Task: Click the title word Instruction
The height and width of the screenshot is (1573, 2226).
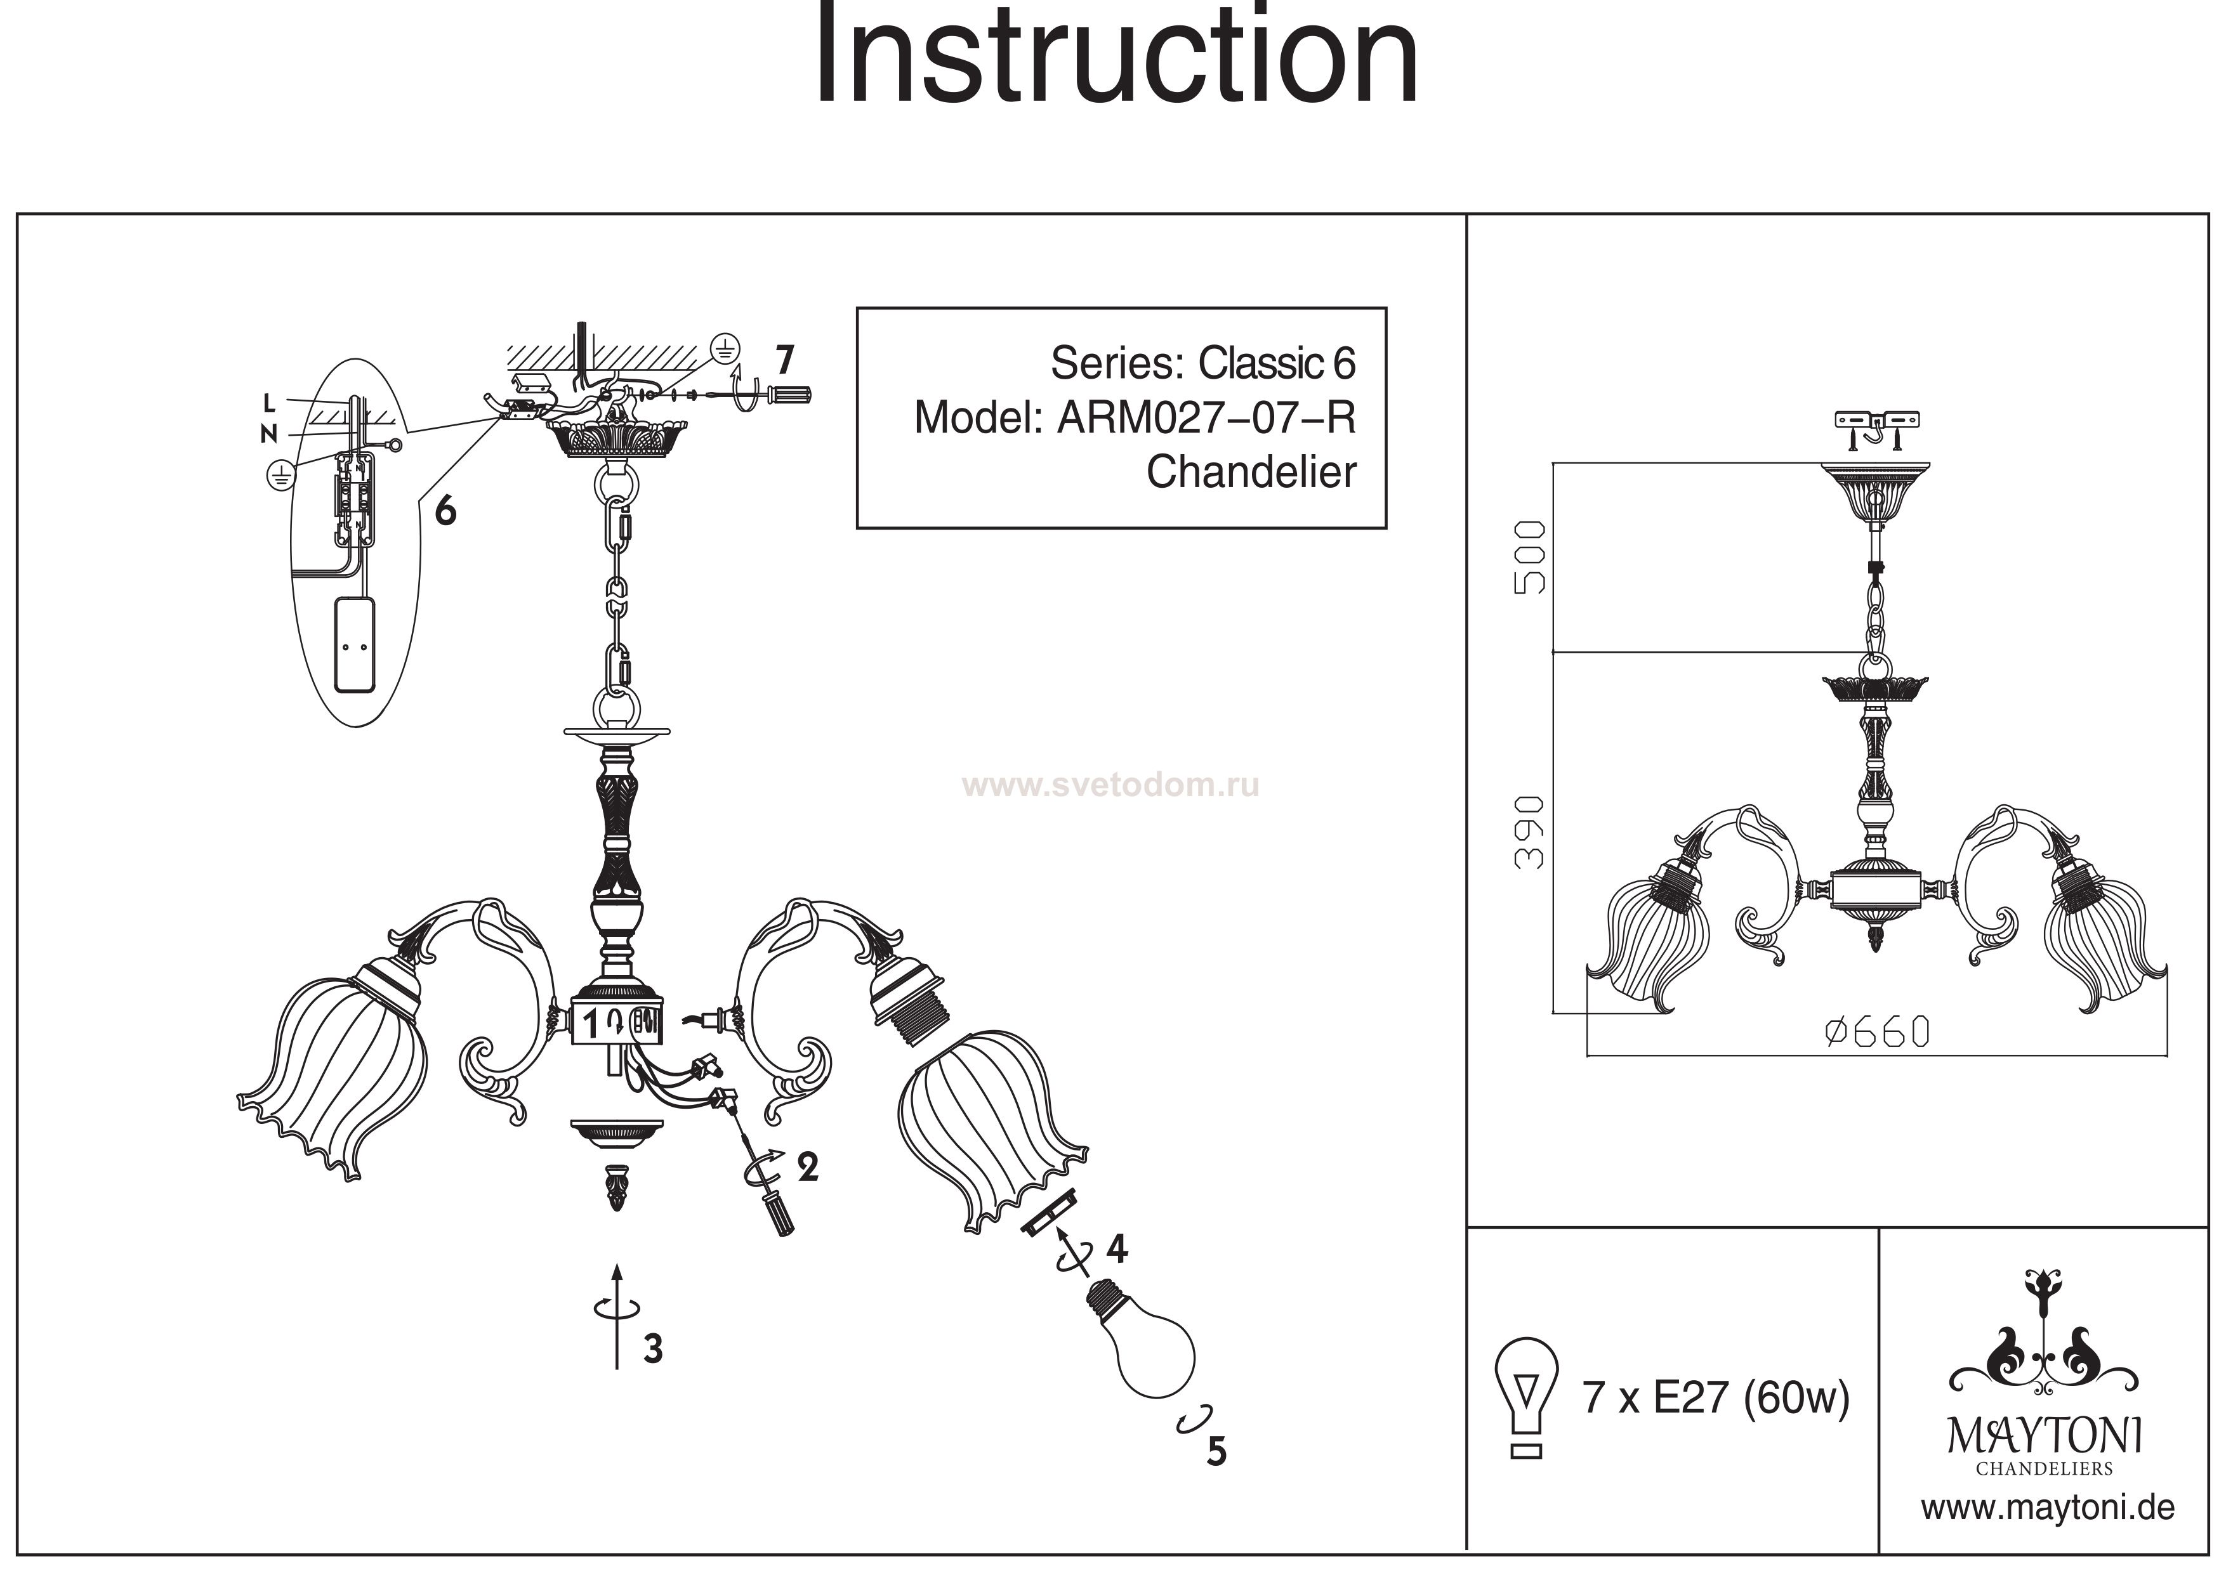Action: [1115, 56]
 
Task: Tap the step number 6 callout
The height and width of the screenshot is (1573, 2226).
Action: [445, 510]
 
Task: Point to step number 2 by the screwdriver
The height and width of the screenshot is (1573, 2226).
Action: [808, 1167]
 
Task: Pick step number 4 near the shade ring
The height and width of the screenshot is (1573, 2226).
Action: [1117, 1250]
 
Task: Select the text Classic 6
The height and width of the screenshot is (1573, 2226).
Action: [1277, 363]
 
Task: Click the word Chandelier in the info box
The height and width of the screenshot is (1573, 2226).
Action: [1251, 473]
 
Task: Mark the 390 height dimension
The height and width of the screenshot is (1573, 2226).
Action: [1529, 833]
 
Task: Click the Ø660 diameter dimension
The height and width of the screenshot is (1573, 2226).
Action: [1877, 1033]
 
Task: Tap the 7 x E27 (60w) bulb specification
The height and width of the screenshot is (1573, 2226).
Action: [1716, 1397]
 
